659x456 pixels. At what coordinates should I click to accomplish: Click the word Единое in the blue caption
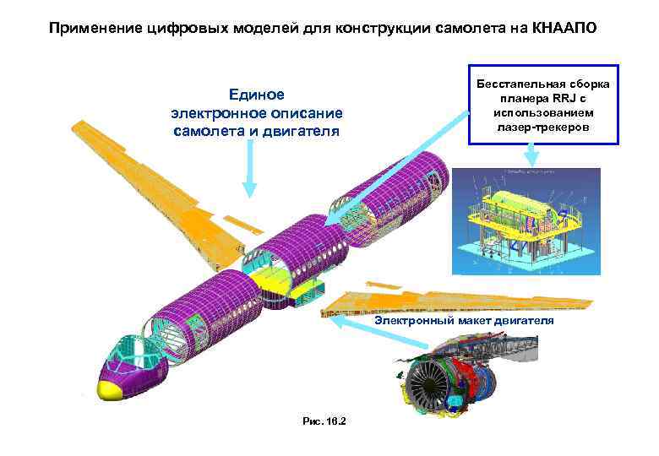257,95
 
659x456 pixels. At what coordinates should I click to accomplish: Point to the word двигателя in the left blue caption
299,132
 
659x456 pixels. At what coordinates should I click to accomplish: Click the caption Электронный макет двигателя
465,322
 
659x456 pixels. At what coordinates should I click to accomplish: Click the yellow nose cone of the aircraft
112,389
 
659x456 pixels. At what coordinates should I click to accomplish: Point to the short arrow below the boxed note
531,154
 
